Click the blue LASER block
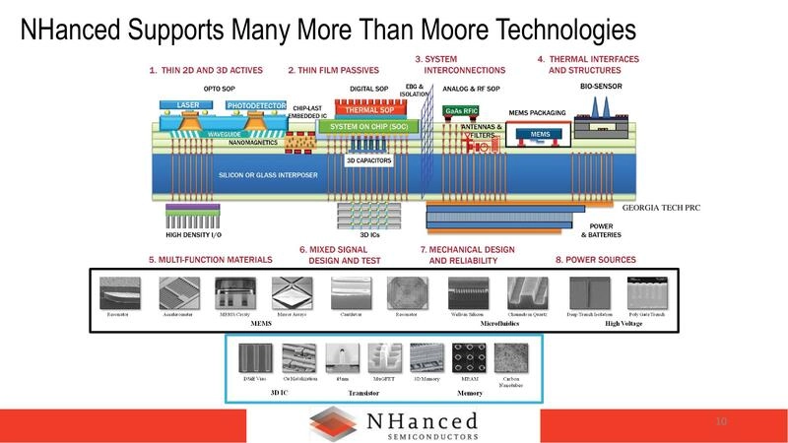click(187, 105)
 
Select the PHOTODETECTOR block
click(255, 105)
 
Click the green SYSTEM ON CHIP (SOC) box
click(370, 127)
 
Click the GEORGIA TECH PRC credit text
click(661, 209)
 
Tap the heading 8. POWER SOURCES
click(595, 260)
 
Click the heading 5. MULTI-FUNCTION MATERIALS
click(210, 260)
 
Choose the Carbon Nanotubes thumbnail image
click(514, 358)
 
